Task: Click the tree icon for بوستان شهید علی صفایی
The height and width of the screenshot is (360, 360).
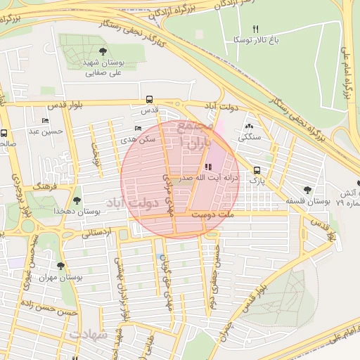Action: click(x=103, y=51)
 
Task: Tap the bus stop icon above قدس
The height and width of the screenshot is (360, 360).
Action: click(x=148, y=100)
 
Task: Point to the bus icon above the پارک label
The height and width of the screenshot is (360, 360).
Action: click(x=257, y=170)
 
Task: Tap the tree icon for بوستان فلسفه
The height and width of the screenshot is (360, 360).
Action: click(x=307, y=190)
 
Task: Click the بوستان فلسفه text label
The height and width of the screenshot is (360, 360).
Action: click(x=308, y=202)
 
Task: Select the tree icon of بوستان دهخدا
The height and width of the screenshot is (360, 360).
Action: click(x=77, y=201)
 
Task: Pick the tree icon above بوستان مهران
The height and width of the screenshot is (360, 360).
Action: click(x=60, y=266)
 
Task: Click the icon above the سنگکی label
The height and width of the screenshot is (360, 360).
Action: click(x=249, y=127)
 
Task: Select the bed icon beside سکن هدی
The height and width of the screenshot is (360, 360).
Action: click(x=137, y=129)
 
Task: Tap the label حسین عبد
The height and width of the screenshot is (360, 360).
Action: click(x=46, y=131)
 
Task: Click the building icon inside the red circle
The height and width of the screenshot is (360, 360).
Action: click(x=207, y=167)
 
